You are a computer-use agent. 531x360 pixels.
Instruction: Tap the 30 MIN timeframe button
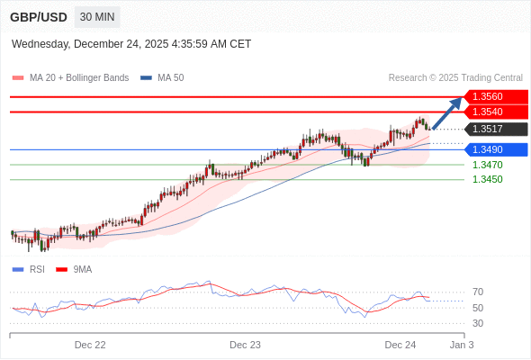point(96,17)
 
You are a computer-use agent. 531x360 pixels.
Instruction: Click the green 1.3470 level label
point(487,165)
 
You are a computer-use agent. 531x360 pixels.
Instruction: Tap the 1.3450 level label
point(487,179)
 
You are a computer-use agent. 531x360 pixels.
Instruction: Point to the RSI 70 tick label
point(477,292)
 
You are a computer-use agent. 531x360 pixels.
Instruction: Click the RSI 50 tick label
point(477,308)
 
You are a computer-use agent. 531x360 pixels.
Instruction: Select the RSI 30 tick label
point(477,323)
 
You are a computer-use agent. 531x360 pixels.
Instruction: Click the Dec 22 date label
point(90,345)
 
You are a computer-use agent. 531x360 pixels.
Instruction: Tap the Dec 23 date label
point(245,345)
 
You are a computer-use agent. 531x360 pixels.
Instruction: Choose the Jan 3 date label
point(461,345)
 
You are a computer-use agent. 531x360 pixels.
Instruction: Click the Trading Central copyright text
point(455,78)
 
